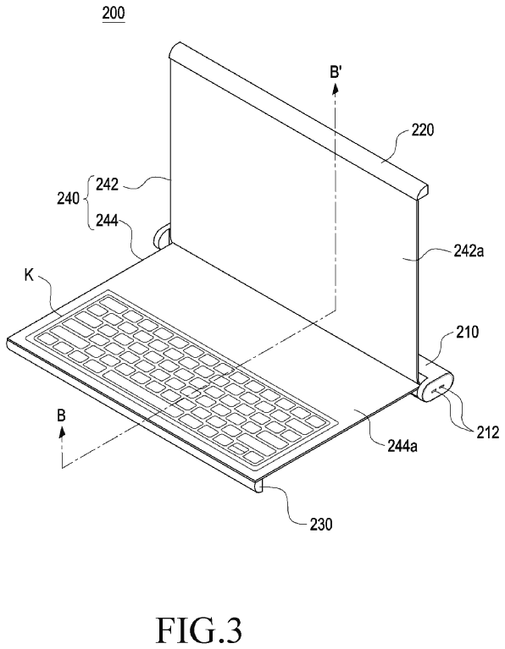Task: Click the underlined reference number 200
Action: (114, 13)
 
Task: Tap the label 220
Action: (423, 130)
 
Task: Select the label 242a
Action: (468, 250)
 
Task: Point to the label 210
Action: (466, 332)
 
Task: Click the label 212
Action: (487, 432)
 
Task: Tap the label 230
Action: (321, 525)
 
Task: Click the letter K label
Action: (29, 276)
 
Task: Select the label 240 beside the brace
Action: (68, 198)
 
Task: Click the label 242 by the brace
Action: (107, 184)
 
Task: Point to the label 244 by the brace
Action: (107, 222)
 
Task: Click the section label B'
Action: (336, 74)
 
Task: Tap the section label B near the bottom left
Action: (61, 415)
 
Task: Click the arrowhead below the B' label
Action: (336, 88)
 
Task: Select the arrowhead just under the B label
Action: (62, 432)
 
